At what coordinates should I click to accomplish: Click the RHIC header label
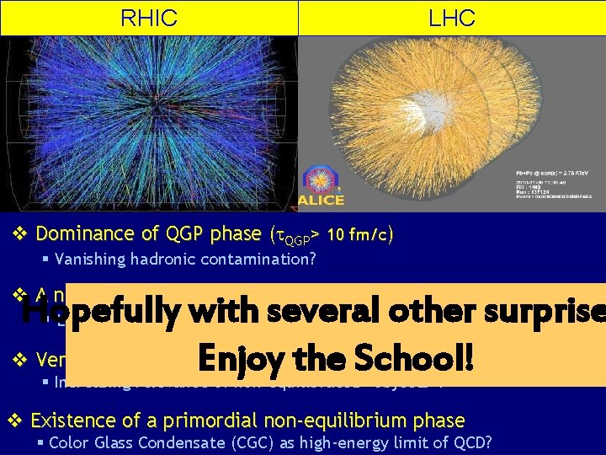(x=149, y=18)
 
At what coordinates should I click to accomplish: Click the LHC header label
(x=452, y=18)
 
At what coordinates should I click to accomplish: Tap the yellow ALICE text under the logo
(x=321, y=200)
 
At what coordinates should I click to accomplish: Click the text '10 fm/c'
(x=359, y=235)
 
